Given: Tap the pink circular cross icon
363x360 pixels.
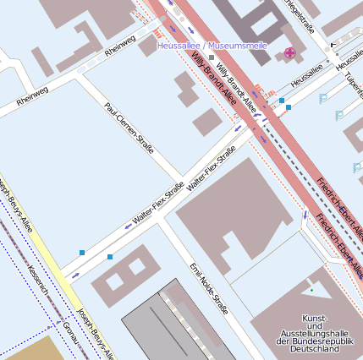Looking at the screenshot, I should pyautogui.click(x=290, y=52).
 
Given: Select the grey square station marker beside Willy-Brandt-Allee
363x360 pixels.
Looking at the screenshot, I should pyautogui.click(x=212, y=57).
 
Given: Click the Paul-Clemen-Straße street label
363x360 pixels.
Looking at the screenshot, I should pyautogui.click(x=129, y=128).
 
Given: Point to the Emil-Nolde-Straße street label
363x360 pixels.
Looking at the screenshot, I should pyautogui.click(x=208, y=287).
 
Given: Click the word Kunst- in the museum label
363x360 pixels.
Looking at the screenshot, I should pyautogui.click(x=315, y=316).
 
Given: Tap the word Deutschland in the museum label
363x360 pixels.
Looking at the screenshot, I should pyautogui.click(x=315, y=347).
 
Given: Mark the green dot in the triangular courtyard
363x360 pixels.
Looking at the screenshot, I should pyautogui.click(x=311, y=290).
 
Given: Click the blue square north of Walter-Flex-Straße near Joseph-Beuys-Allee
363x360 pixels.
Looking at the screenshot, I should pyautogui.click(x=82, y=253).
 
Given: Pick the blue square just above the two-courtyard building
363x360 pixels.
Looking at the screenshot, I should pyautogui.click(x=110, y=256).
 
